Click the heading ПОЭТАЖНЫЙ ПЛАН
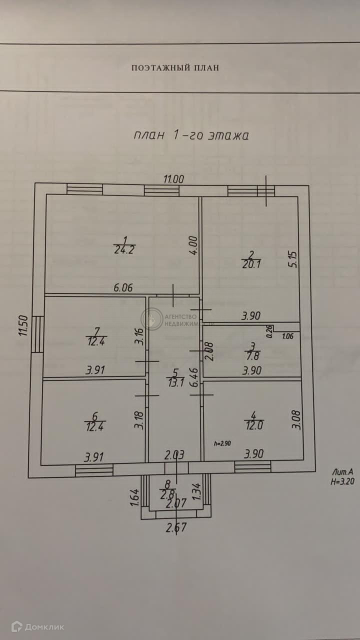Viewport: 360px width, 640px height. [175, 68]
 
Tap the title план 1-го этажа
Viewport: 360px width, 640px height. [191, 135]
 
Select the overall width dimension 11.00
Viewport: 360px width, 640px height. [174, 178]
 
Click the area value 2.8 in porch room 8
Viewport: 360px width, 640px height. [165, 495]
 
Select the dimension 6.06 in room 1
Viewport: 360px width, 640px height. [123, 288]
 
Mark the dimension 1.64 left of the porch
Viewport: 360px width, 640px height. [134, 497]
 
